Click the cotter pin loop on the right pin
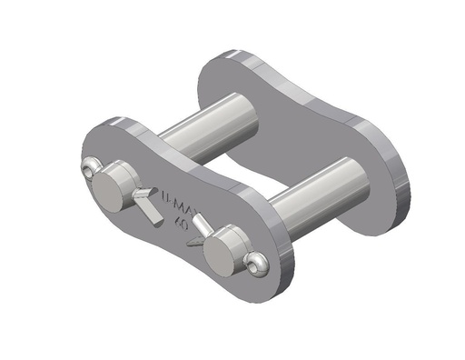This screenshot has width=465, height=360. coord(256,263)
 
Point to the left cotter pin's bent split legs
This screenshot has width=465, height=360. coord(146,199)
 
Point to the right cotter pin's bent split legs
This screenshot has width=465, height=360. coord(203,224)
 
